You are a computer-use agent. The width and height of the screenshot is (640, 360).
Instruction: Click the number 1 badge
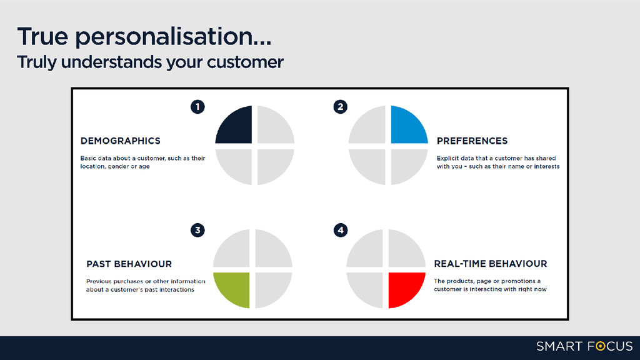(x=197, y=107)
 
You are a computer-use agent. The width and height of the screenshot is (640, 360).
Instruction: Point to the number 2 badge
(x=341, y=107)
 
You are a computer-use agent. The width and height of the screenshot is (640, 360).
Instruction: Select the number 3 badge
(x=197, y=230)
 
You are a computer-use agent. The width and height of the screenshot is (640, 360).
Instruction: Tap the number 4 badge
(x=341, y=230)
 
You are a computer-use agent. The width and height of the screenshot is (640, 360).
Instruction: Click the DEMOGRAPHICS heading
(x=121, y=141)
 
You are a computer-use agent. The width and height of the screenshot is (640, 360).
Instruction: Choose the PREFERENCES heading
(x=472, y=141)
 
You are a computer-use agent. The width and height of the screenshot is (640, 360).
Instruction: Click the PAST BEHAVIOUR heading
(x=129, y=264)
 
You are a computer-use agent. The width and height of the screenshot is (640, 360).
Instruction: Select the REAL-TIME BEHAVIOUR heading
(x=490, y=264)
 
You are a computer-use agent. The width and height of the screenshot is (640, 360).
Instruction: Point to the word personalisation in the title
(x=173, y=37)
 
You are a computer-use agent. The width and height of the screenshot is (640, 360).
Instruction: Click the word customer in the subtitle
(x=245, y=62)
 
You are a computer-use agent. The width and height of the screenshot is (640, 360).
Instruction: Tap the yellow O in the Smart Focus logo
(x=601, y=346)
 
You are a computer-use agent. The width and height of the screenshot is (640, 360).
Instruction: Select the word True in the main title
(x=42, y=36)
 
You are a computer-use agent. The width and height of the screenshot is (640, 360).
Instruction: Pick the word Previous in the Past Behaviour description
(x=99, y=281)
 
